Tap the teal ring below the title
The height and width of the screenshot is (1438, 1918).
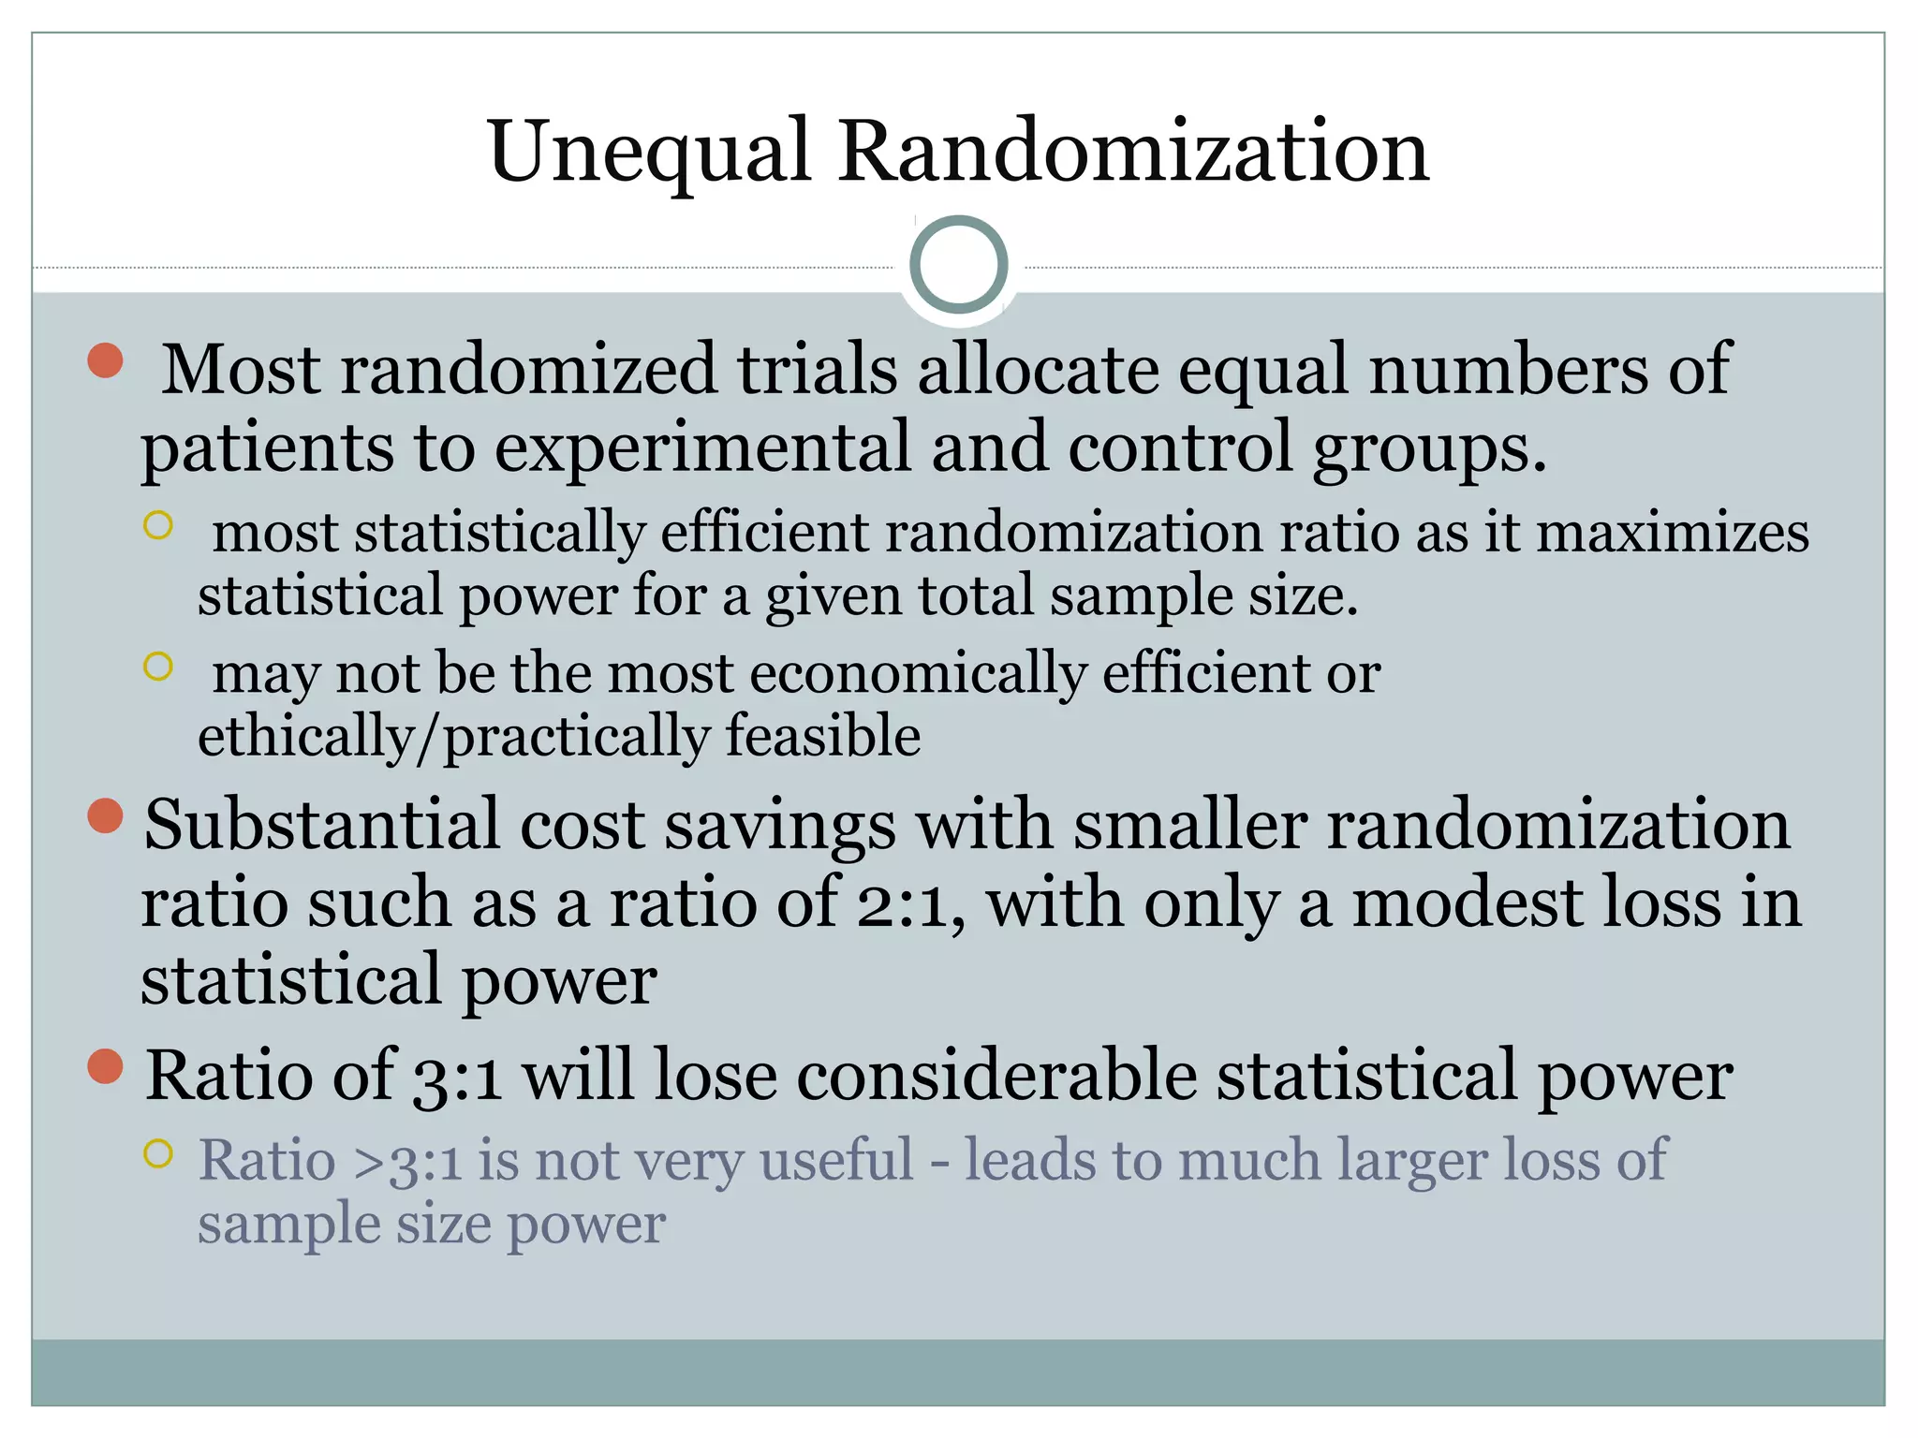958,265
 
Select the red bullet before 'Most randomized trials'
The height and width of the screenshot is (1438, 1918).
106,360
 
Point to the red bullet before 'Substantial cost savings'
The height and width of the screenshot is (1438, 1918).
106,815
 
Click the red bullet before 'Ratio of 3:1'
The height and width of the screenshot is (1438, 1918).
106,1065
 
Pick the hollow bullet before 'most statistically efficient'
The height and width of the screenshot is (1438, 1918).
158,525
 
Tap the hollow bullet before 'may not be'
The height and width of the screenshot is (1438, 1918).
158,667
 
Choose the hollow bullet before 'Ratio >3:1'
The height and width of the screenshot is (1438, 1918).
158,1153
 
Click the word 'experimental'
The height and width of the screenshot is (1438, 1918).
702,448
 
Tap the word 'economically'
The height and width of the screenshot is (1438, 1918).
918,674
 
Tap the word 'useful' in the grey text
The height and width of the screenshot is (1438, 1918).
835,1161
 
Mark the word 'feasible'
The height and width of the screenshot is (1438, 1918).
823,736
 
